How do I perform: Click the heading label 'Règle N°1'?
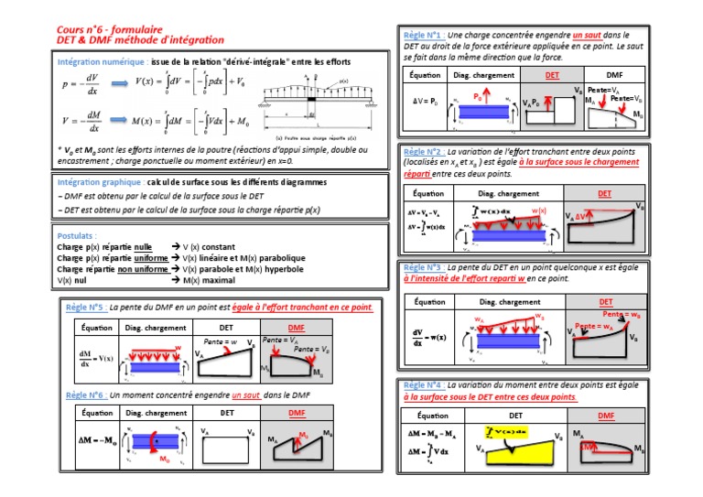[x=422, y=35]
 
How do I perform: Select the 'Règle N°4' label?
[x=422, y=386]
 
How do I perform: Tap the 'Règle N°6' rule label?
[x=84, y=394]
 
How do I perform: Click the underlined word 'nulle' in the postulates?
[x=143, y=247]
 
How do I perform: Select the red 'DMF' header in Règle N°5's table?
[x=297, y=326]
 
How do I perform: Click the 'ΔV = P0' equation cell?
[x=426, y=99]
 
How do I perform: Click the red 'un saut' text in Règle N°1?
[x=589, y=35]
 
